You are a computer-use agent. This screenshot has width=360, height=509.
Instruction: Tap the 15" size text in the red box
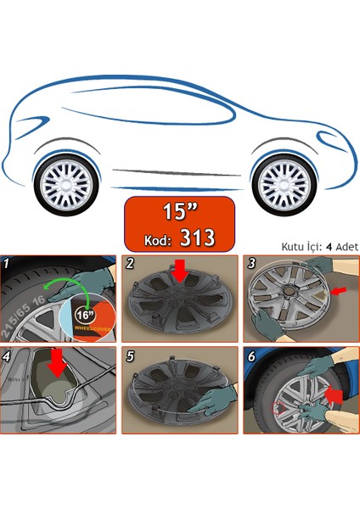pos(179,210)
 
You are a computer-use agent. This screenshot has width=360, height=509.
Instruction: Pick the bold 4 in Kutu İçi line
pos(326,246)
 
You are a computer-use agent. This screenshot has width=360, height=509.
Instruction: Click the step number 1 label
pos(8,264)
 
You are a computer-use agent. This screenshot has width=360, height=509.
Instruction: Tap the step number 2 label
pos(129,264)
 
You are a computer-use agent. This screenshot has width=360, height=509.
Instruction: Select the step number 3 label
pos(251,264)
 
